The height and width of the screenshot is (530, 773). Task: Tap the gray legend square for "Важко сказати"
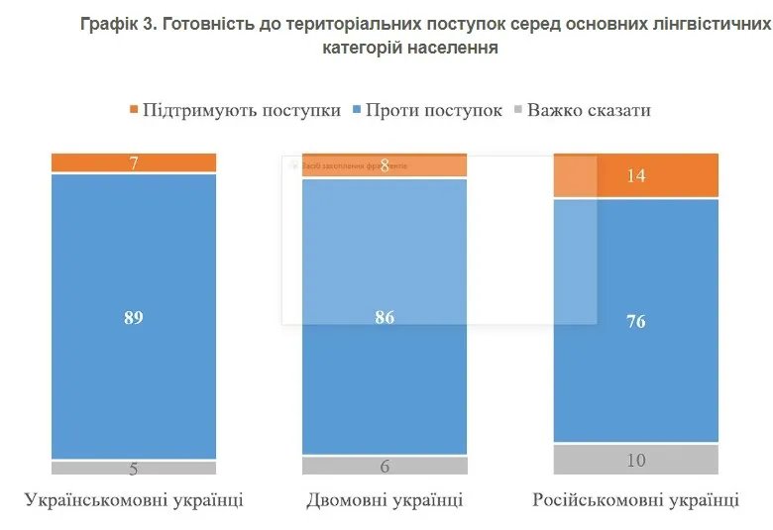[x=516, y=110]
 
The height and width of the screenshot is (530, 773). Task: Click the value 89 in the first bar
[x=134, y=317]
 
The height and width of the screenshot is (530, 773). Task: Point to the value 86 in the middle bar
[x=385, y=317]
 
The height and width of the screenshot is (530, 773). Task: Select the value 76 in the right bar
[x=635, y=321]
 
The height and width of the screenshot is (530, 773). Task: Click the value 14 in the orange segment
[x=635, y=176]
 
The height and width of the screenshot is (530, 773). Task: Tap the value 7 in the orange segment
[x=134, y=163]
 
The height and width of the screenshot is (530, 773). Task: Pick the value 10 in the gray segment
[x=635, y=460]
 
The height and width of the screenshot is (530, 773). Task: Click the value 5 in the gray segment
[x=134, y=470]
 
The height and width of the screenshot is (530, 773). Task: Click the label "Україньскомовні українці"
[x=134, y=499]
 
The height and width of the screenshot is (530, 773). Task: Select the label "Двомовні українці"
[x=385, y=499]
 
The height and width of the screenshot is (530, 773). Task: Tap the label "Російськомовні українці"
[x=635, y=499]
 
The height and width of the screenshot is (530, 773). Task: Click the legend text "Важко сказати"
[x=589, y=110]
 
